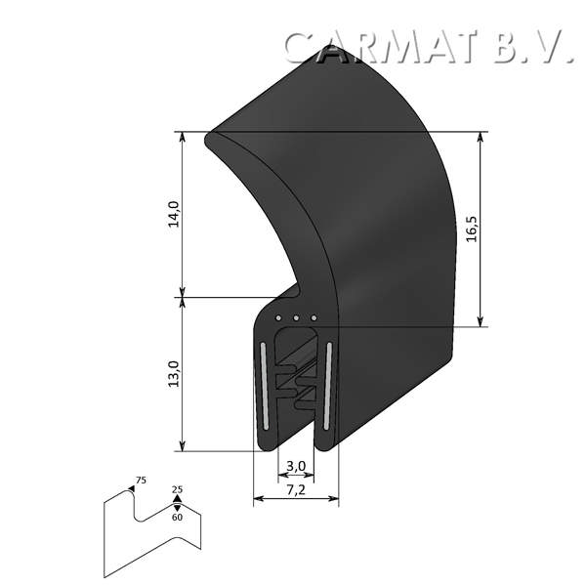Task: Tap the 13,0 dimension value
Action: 173,375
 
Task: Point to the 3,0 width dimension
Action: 296,465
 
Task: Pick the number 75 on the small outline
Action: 141,481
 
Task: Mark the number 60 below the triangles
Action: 177,517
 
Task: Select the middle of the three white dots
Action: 296,318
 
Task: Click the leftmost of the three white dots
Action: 279,318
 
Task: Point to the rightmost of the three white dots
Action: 313,318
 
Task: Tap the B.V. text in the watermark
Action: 532,47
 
